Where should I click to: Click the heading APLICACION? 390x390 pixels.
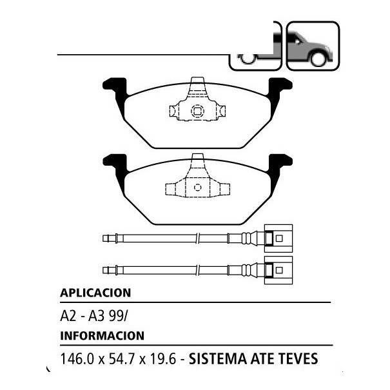(x=95, y=293)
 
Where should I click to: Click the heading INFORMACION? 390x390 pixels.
(x=102, y=336)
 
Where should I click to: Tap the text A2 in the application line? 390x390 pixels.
(x=68, y=317)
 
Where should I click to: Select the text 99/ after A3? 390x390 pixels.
(x=118, y=317)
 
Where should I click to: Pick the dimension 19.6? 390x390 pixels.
(x=162, y=358)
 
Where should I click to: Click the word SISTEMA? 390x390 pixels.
(x=218, y=358)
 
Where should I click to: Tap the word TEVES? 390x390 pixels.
(x=297, y=358)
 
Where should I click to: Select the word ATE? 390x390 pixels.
(x=262, y=358)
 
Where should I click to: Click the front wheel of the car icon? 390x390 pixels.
(x=318, y=59)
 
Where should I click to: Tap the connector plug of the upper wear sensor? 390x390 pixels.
(x=278, y=239)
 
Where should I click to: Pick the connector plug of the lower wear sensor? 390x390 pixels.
(x=278, y=270)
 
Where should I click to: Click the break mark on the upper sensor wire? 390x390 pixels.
(x=198, y=239)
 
